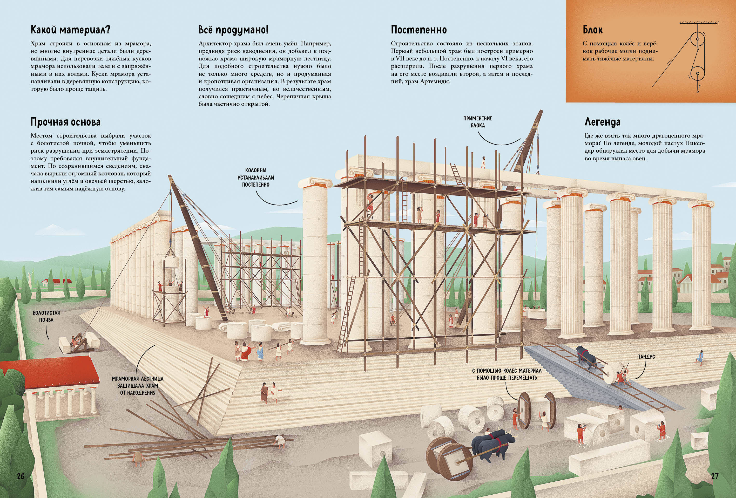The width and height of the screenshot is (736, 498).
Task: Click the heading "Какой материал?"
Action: coord(70,30)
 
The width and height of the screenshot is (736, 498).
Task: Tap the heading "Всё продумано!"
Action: coord(233,30)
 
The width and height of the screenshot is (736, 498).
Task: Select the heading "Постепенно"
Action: coord(419,30)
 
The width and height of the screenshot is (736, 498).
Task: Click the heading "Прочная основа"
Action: coord(66,122)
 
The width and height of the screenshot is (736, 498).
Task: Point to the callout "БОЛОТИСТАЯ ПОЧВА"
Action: coord(46,316)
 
